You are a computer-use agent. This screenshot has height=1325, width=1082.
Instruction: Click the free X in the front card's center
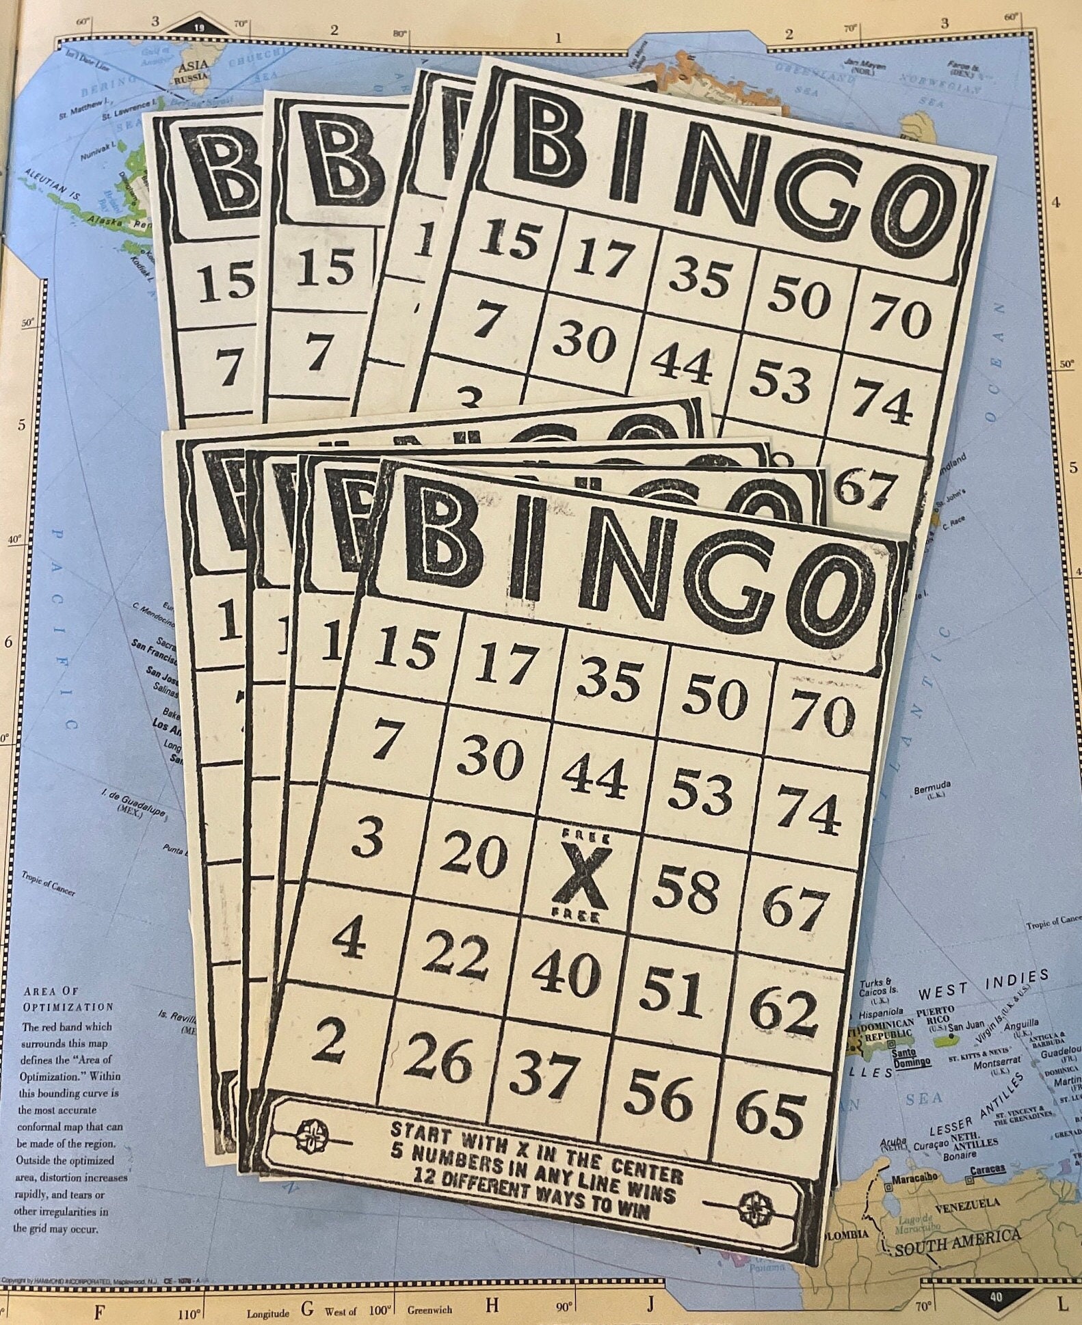pyautogui.click(x=579, y=877)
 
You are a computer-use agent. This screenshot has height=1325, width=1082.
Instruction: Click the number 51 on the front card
pyautogui.click(x=674, y=991)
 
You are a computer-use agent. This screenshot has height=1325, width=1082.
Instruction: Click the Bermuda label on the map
pyautogui.click(x=932, y=791)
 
